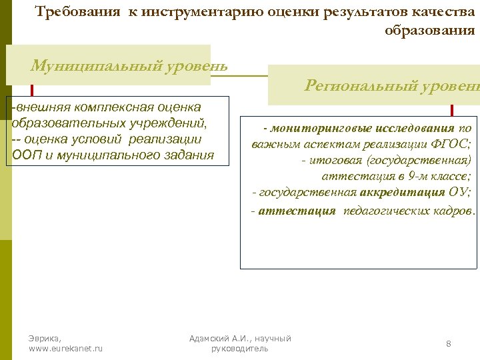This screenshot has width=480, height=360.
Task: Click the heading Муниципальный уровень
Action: (129, 66)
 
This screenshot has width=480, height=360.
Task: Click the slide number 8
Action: (449, 343)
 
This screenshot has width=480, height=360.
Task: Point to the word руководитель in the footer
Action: (239, 349)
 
